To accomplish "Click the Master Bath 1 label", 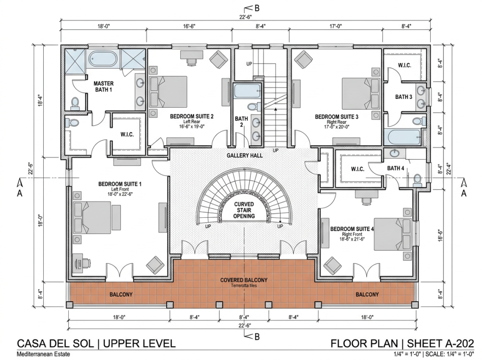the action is pyautogui.click(x=104, y=87).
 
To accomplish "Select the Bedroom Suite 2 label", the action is pyautogui.click(x=192, y=116).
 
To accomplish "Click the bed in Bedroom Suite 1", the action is pyautogui.click(x=92, y=217).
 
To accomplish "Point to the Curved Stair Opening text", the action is pyautogui.click(x=244, y=210).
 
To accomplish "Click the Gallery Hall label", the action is pyautogui.click(x=245, y=155).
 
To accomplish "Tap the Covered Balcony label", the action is pyautogui.click(x=244, y=280).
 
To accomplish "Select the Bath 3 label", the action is pyautogui.click(x=403, y=97).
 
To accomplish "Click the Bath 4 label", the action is pyautogui.click(x=395, y=168).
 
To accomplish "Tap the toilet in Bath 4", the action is pyautogui.click(x=417, y=180).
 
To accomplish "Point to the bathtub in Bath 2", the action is pyautogui.click(x=248, y=90).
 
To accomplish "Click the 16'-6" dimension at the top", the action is pyautogui.click(x=189, y=26).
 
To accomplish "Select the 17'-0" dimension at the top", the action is pyautogui.click(x=336, y=26).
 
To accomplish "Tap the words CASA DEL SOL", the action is pyautogui.click(x=56, y=344).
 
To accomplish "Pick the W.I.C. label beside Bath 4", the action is pyautogui.click(x=358, y=169).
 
